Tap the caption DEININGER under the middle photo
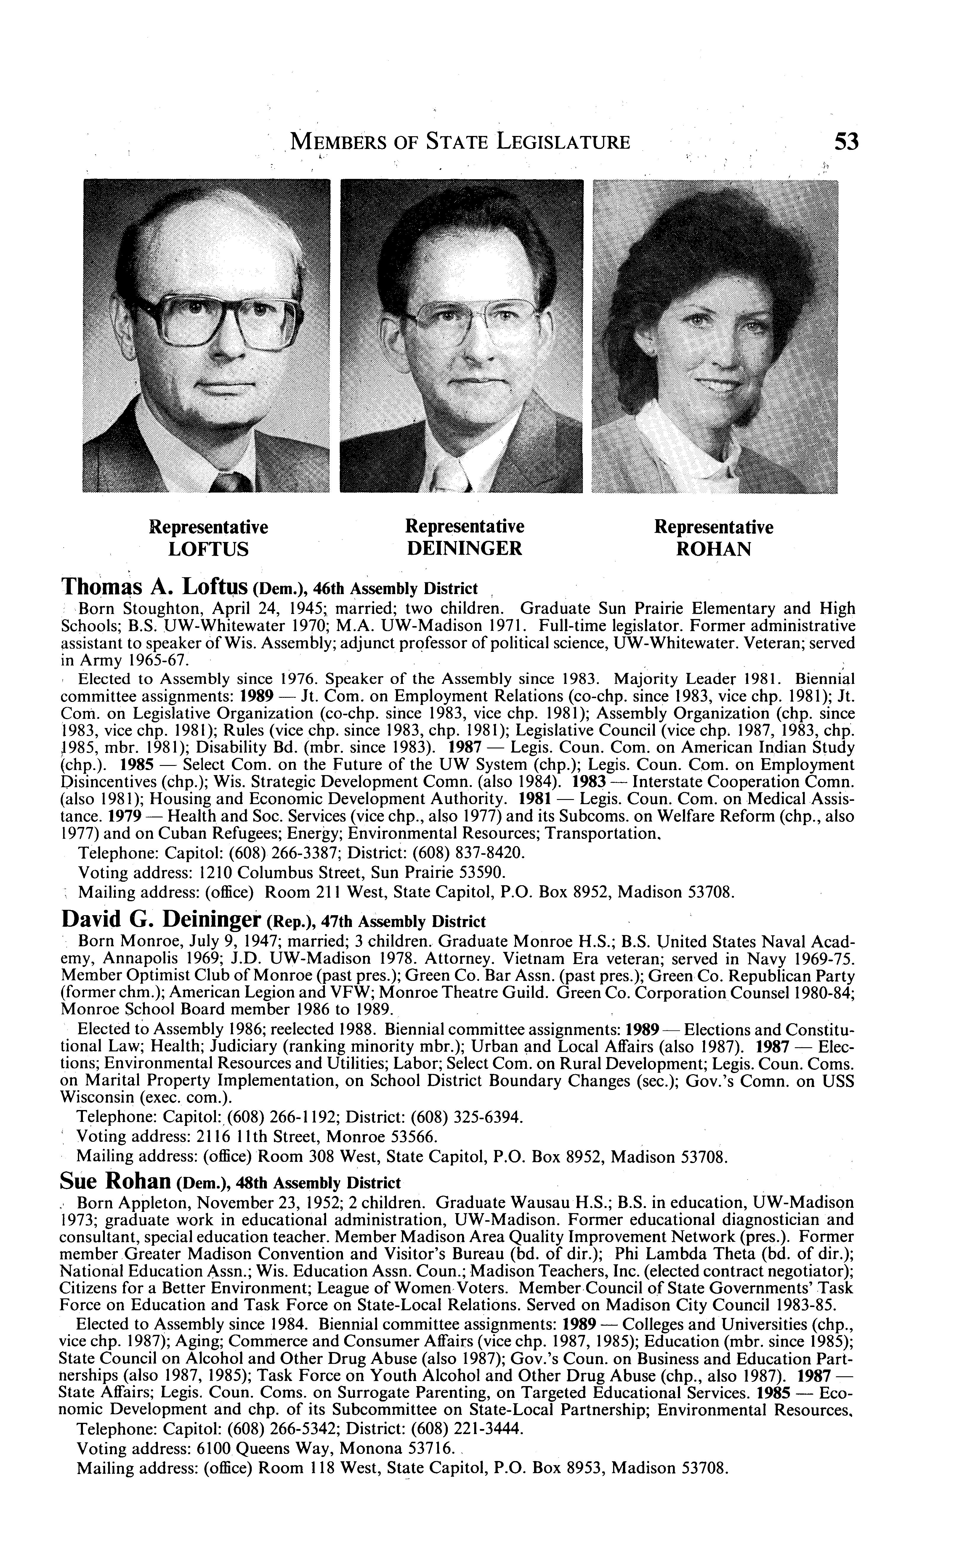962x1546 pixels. [464, 549]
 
